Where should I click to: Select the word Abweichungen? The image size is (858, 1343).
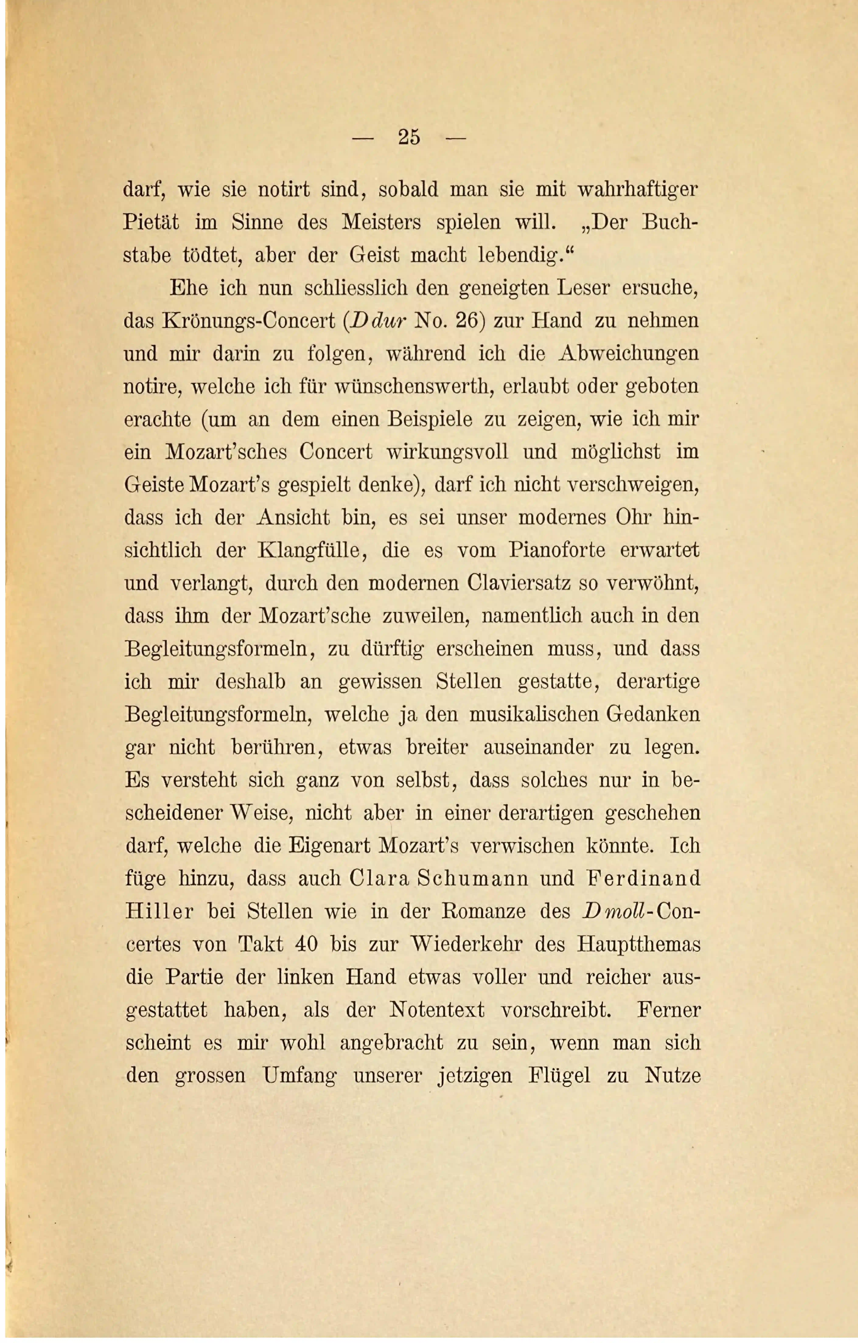point(628,354)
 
